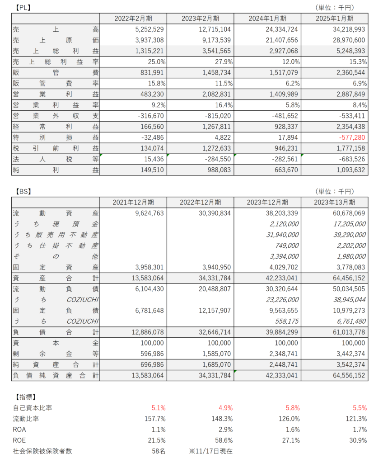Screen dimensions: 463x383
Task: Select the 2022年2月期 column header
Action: tap(133, 19)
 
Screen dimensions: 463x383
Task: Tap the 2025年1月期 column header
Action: tap(335, 19)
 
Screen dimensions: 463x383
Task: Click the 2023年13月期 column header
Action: tap(335, 202)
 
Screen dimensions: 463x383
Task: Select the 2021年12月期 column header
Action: tap(133, 202)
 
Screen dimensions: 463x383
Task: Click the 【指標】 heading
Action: tap(22, 397)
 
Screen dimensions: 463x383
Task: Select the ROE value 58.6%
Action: tap(224, 440)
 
